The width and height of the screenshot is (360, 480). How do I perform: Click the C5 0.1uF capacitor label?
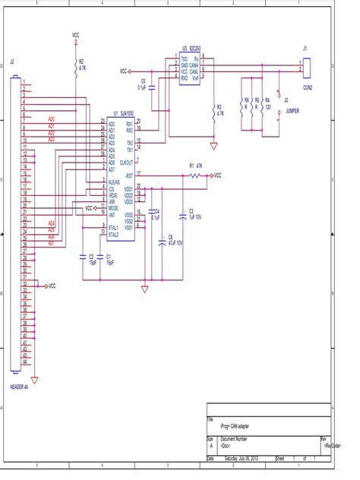pyautogui.click(x=142, y=84)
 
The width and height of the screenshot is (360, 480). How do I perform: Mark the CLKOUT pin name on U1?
pyautogui.click(x=125, y=162)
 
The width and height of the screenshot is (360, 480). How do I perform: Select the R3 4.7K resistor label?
pyautogui.click(x=219, y=109)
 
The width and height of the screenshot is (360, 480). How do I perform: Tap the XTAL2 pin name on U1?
pyautogui.click(x=114, y=235)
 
